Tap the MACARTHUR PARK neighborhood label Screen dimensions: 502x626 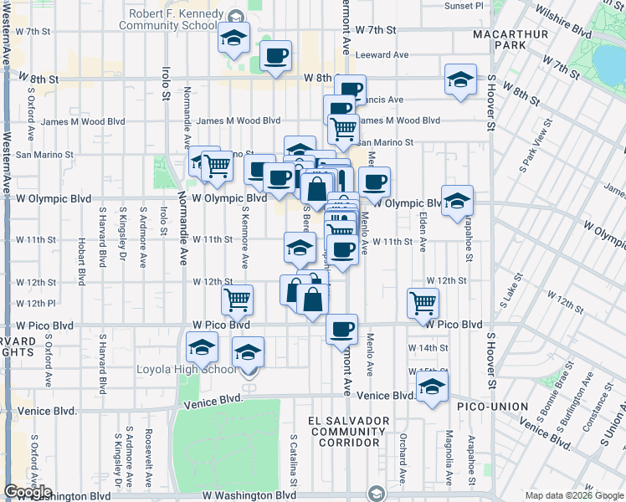click(521, 38)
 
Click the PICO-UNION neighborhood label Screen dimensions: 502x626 click(493, 407)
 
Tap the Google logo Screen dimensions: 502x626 click(28, 492)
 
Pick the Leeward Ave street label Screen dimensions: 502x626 click(382, 55)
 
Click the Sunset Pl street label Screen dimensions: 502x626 click(464, 6)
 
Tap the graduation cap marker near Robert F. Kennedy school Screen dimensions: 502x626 click(234, 37)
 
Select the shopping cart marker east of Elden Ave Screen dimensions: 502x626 click(423, 303)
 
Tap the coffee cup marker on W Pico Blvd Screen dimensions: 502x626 click(341, 329)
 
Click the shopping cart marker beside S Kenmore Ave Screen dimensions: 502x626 click(238, 299)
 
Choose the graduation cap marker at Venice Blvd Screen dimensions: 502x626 click(432, 387)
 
